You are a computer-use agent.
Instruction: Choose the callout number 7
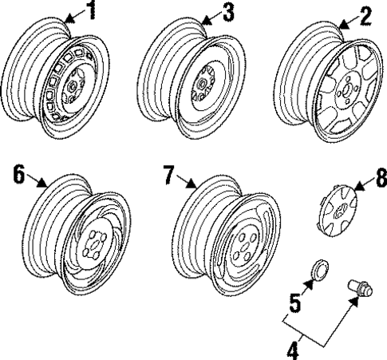click(x=169, y=176)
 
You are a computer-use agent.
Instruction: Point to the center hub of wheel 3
click(x=203, y=82)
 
